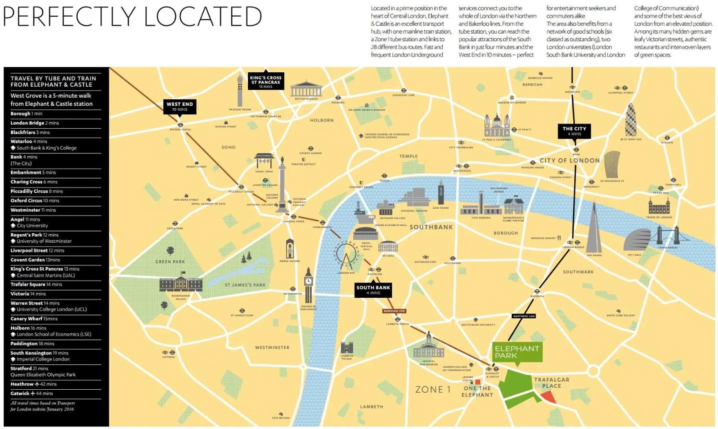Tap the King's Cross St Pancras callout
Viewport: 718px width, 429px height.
pos(266,82)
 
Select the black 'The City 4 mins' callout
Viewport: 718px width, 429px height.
pos(574,131)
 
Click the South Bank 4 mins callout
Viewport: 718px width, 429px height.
pos(373,290)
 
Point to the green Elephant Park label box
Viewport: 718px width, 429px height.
pos(517,352)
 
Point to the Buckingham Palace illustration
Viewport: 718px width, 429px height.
pos(181,284)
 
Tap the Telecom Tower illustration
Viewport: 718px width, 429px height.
pos(240,90)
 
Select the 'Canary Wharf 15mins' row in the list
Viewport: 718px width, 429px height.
pos(34,319)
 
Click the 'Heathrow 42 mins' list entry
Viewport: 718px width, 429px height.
pos(33,384)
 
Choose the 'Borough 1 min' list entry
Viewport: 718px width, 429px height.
pos(27,114)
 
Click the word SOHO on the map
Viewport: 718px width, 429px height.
pos(229,147)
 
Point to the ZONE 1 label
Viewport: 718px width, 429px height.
pos(433,389)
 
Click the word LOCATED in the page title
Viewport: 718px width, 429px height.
pos(203,17)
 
